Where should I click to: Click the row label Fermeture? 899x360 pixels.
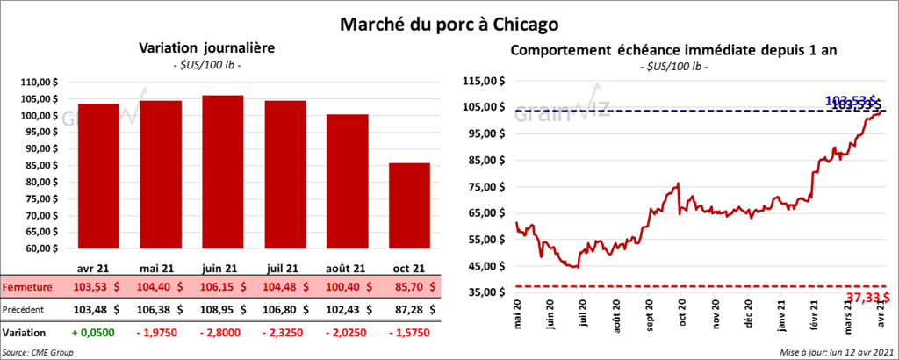[x=27, y=287]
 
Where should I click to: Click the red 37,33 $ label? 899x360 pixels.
[x=865, y=298]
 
